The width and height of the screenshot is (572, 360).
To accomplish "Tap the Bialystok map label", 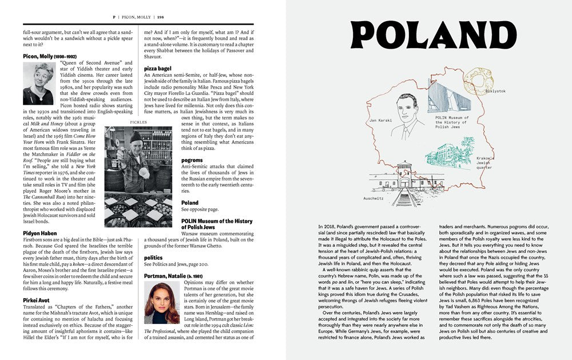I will click(x=495, y=91).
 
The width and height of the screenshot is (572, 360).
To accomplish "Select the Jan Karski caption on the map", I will click(x=380, y=121).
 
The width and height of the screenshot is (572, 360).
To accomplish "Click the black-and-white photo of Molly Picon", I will click(x=38, y=83).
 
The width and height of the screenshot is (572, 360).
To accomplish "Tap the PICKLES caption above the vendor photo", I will click(x=139, y=122).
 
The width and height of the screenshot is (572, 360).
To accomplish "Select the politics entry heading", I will click(x=153, y=258).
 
